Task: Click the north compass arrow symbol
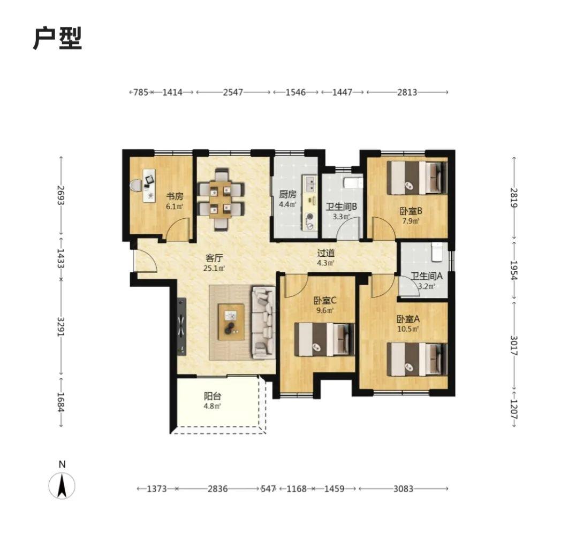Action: (62, 485)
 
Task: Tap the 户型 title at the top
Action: (58, 38)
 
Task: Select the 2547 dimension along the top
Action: (233, 92)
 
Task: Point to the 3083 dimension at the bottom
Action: (403, 488)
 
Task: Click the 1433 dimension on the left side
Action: (60, 258)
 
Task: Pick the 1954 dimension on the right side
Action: (514, 270)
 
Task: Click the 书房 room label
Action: (175, 196)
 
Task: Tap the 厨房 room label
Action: (287, 194)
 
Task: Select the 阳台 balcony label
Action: (213, 396)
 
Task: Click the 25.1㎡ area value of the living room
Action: (214, 269)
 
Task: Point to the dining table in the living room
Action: (221, 199)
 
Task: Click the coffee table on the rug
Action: (231, 322)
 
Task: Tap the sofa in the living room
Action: (263, 323)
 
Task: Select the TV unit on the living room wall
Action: (181, 326)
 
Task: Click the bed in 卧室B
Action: (417, 178)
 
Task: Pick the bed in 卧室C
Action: (324, 339)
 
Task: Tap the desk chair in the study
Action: (136, 186)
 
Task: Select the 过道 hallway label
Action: (326, 253)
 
